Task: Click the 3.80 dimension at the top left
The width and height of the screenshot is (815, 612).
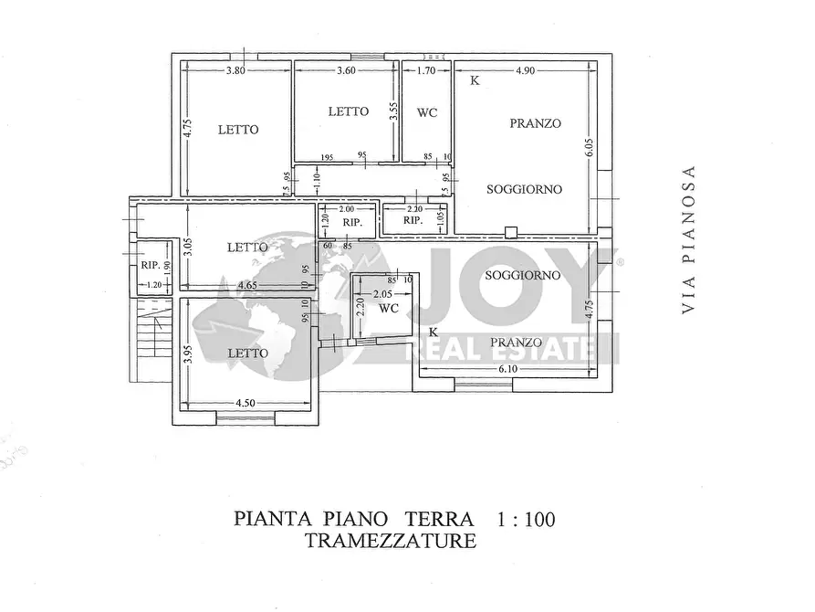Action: coord(236,70)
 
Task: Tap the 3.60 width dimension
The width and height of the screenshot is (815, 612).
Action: coord(346,70)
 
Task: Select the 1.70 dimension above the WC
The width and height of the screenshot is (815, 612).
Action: coord(425,70)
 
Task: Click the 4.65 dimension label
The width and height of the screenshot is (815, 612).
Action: coord(246,286)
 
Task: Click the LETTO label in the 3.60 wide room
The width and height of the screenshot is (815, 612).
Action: coord(348,111)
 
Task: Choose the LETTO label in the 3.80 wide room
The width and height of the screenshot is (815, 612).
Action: coord(237,130)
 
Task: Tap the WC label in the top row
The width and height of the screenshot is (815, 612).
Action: coord(427,113)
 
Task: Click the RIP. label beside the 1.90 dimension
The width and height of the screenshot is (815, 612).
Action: coord(152,266)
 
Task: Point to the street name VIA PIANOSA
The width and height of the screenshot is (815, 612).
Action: coord(690,240)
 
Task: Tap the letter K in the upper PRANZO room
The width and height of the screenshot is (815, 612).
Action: coord(474,80)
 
